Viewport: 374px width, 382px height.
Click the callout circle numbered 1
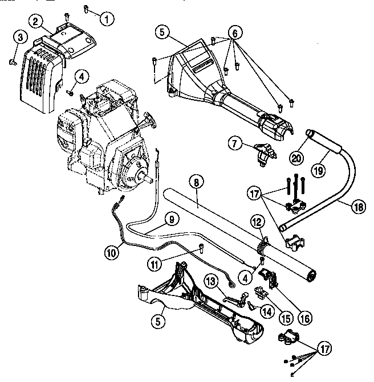[105, 18]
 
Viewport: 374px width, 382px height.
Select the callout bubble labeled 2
[36, 22]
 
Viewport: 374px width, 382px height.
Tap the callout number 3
[20, 38]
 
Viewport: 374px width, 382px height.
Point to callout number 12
[257, 220]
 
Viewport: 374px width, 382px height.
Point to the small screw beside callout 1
[85, 9]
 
